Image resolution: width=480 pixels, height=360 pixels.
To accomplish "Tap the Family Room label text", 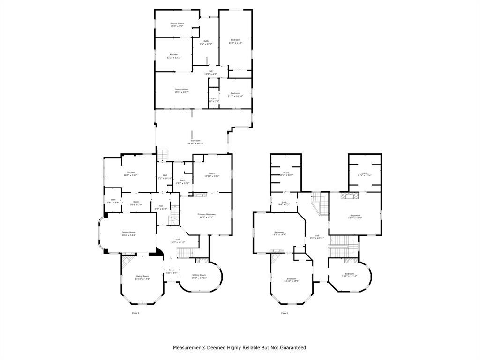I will click(181, 89).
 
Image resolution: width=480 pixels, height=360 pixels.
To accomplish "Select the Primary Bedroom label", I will click(207, 214).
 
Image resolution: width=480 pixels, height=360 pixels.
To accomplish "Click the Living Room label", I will click(142, 276).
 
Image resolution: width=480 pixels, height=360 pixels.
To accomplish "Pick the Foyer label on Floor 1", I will click(172, 270).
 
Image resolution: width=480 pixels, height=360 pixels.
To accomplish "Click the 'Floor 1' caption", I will click(135, 313).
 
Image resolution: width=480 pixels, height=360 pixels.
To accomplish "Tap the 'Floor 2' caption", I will click(285, 313).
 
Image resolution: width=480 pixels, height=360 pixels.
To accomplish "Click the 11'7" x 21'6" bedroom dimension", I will click(235, 43).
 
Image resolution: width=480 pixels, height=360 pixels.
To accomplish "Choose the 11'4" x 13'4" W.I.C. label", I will click(364, 175).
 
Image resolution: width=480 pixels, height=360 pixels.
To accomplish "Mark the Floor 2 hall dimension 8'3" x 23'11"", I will click(317, 238).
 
